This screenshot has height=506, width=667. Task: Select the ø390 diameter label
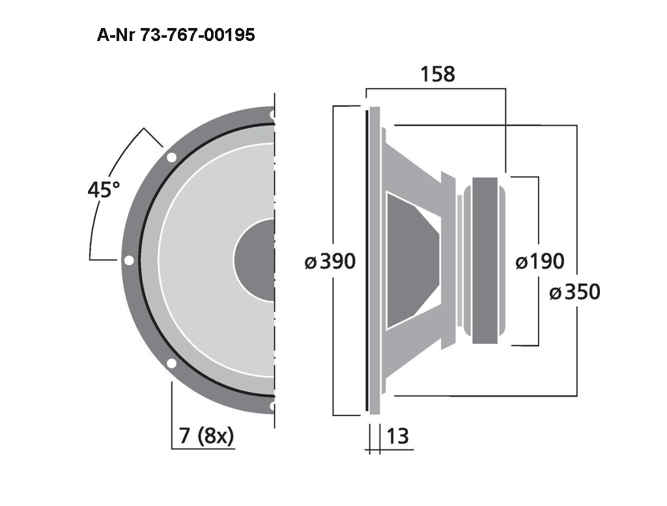pos(331,262)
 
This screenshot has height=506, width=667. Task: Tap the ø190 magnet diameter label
pos(539,262)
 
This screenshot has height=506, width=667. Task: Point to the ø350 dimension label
pos(575,292)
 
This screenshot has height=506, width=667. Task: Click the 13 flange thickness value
pos(397,435)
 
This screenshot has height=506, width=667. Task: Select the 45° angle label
pos(104,190)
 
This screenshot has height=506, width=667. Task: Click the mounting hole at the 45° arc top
pos(171,157)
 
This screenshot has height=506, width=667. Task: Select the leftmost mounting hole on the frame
pos(129,260)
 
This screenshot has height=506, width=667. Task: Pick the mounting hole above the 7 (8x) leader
pos(171,363)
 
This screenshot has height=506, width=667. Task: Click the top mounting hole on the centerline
pos(272,115)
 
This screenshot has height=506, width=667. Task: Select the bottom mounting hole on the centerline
pos(272,406)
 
